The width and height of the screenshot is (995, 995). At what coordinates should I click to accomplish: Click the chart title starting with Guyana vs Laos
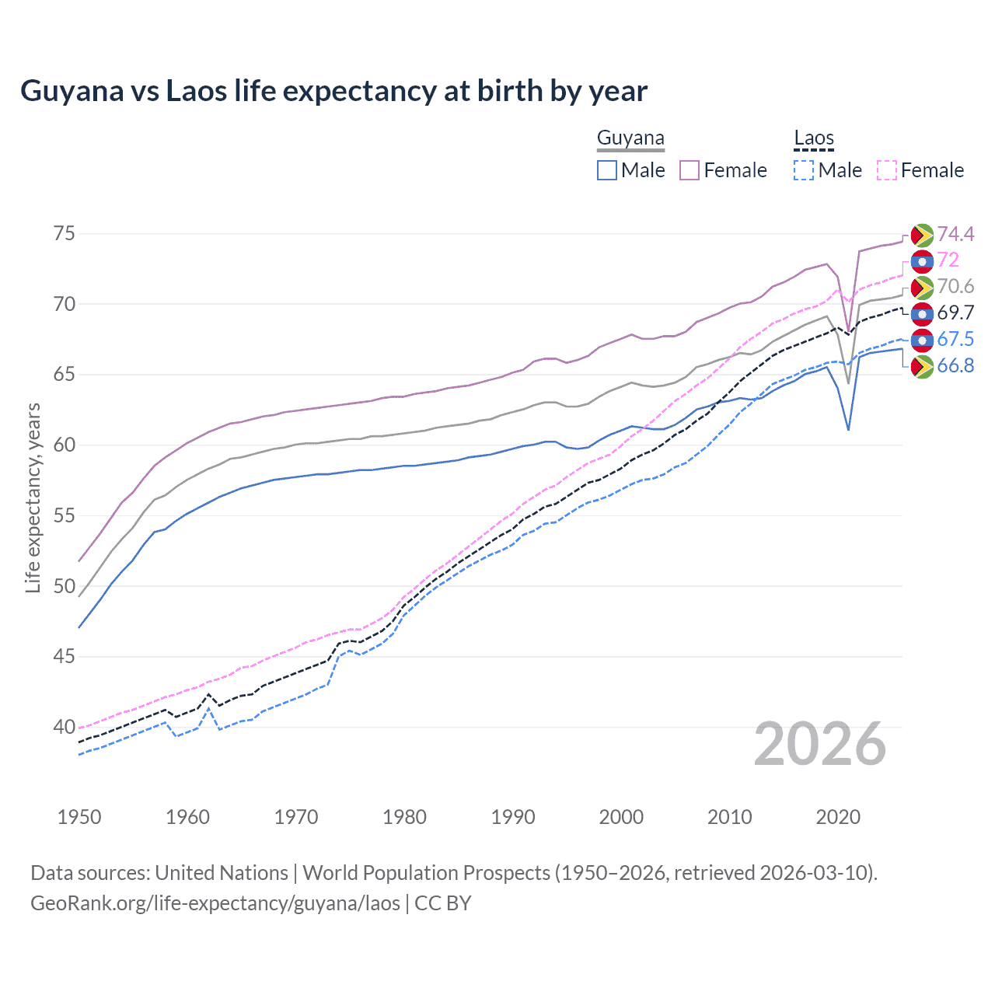[x=333, y=91]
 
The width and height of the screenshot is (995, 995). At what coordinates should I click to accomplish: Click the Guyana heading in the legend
[x=630, y=138]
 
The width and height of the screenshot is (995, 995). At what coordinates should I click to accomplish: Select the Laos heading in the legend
[x=813, y=138]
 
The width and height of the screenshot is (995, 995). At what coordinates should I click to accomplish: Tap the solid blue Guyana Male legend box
[x=607, y=170]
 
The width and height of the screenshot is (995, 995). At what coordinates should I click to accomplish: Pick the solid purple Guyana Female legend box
[x=690, y=170]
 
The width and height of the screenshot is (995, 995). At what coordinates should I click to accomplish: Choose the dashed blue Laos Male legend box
[x=804, y=170]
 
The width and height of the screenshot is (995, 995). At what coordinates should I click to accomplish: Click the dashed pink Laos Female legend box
[x=887, y=170]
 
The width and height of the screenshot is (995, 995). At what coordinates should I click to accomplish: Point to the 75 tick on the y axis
[x=65, y=233]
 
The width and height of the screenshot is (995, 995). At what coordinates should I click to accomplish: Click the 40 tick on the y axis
[x=65, y=727]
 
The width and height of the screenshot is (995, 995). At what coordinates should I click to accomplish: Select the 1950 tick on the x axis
[x=79, y=817]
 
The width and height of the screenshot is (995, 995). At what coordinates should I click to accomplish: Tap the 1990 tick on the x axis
[x=513, y=817]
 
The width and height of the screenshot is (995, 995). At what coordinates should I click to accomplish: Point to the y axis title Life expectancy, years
[x=33, y=497]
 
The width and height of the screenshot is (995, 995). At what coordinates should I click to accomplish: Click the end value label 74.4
[x=955, y=234]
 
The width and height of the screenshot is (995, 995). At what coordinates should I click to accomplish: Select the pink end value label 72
[x=948, y=260]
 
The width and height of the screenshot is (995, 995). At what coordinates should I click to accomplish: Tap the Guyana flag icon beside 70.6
[x=922, y=287]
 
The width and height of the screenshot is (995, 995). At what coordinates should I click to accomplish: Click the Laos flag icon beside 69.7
[x=922, y=313]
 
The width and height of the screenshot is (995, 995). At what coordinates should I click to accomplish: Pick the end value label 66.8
[x=955, y=365]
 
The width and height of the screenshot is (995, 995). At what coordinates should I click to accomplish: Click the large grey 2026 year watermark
[x=820, y=744]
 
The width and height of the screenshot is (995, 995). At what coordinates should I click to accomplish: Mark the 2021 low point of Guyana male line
[x=848, y=430]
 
